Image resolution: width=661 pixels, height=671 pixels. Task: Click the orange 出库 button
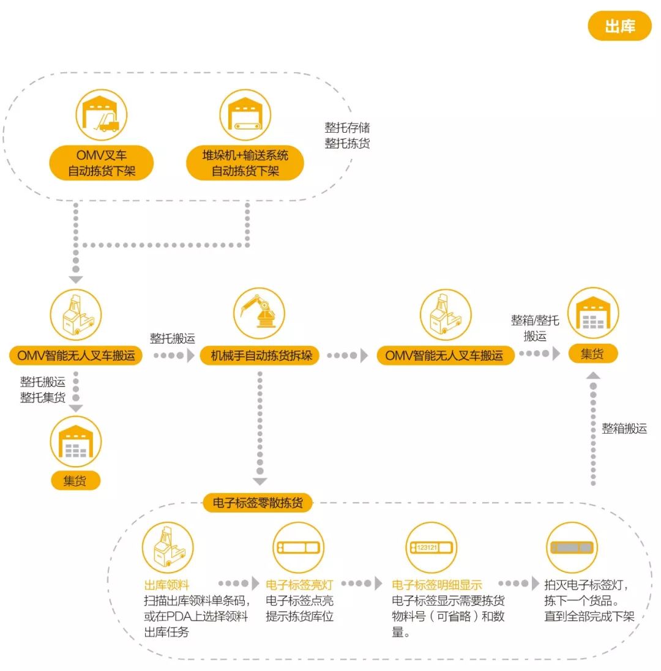(x=619, y=26)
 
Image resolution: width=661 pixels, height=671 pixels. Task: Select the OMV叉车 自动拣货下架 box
(x=102, y=163)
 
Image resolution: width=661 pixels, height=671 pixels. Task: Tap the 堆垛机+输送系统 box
(x=245, y=163)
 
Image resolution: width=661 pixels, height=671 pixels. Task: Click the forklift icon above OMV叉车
(x=102, y=116)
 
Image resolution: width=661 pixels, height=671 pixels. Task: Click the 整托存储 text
(x=347, y=128)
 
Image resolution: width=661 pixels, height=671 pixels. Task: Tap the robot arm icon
(x=259, y=314)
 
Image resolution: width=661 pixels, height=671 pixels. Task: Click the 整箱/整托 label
(x=534, y=320)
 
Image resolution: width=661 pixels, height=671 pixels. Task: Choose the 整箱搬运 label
(x=624, y=428)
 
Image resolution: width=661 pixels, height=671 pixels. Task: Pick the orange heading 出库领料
(x=166, y=585)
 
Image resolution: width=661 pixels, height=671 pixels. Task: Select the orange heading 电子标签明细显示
(x=436, y=585)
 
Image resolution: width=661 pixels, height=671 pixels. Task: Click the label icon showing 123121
(x=431, y=547)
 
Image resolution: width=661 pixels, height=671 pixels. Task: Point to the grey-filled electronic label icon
(x=571, y=547)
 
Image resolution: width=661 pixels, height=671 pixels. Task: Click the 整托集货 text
(x=43, y=398)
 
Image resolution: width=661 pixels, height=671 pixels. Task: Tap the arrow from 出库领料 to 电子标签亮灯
(x=234, y=584)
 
